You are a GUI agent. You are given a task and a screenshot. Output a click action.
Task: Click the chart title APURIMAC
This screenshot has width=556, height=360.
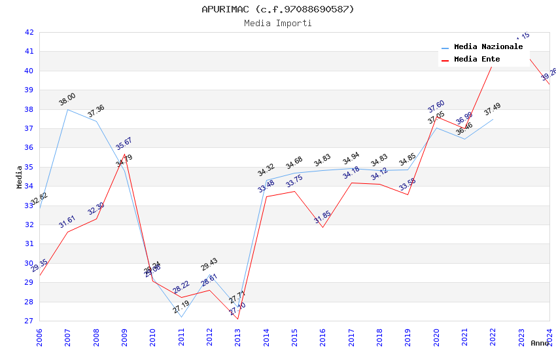(x=277, y=9)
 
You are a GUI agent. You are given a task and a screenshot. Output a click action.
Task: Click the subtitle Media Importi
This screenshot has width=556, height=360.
(x=277, y=23)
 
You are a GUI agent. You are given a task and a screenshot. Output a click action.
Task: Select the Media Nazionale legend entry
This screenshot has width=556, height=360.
(x=488, y=47)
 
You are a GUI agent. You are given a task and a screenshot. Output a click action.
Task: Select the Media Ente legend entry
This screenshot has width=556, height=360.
(x=477, y=60)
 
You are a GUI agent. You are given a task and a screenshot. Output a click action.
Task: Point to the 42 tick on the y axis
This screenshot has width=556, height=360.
(x=29, y=32)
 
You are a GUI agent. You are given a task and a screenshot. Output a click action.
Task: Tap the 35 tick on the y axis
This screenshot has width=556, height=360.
(x=29, y=167)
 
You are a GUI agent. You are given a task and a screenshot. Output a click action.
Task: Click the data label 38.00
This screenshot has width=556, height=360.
(x=67, y=99)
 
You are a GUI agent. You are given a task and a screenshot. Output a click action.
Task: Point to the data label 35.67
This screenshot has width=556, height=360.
(x=124, y=144)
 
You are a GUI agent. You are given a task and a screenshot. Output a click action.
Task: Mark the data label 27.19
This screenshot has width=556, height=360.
(x=181, y=307)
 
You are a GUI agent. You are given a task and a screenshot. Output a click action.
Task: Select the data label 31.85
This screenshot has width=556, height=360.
(x=322, y=217)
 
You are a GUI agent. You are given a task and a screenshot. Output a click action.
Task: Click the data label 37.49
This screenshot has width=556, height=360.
(x=493, y=109)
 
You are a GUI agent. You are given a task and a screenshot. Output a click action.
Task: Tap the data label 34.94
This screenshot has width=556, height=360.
(x=351, y=158)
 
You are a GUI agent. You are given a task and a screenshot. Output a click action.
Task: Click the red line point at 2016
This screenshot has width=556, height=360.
(x=322, y=228)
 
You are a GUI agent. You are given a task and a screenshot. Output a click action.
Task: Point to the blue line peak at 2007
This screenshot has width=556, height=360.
(x=67, y=109)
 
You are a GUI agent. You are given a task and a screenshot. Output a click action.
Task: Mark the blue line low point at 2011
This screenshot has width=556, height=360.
(x=181, y=317)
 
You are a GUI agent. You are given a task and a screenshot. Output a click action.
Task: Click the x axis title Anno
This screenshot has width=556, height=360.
(x=540, y=343)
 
